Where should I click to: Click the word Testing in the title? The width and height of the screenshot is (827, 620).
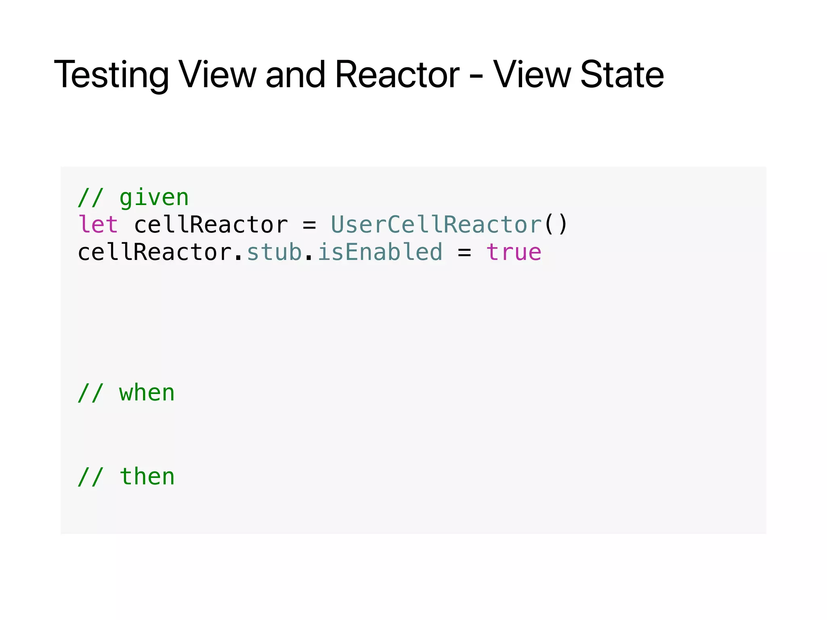pyautogui.click(x=111, y=75)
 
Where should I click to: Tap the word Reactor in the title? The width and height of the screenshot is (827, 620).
pyautogui.click(x=397, y=75)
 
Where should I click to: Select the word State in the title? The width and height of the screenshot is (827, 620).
pyautogui.click(x=622, y=75)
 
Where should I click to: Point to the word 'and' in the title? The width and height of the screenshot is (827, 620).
pyautogui.click(x=295, y=75)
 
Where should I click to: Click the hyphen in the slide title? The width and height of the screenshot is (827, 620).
pyautogui.click(x=476, y=77)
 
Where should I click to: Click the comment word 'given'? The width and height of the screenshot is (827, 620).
pyautogui.click(x=154, y=198)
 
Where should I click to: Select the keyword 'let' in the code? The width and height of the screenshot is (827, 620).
pyautogui.click(x=98, y=224)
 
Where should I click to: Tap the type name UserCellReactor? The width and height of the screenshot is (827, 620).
pyautogui.click(x=436, y=224)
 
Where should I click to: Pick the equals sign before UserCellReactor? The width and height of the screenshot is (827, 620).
pyautogui.click(x=309, y=225)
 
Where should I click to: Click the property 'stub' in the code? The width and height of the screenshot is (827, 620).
pyautogui.click(x=274, y=252)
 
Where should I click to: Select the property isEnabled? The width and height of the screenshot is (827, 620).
pyautogui.click(x=380, y=252)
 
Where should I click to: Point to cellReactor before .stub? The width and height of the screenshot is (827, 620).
pyautogui.click(x=155, y=252)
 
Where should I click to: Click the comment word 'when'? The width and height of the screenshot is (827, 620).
pyautogui.click(x=147, y=393)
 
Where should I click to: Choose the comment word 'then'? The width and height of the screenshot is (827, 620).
pyautogui.click(x=147, y=477)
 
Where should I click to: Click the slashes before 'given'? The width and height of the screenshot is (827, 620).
pyautogui.click(x=91, y=198)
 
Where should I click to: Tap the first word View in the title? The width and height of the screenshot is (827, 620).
pyautogui.click(x=218, y=75)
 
